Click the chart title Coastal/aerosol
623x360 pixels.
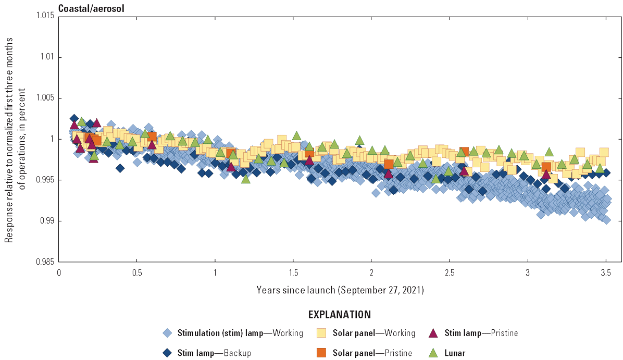91,8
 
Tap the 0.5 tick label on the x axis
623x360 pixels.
136,272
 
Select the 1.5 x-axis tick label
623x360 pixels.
293,272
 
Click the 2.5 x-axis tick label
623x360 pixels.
449,272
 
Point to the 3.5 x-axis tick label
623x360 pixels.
605,272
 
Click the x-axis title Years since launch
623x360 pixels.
340,290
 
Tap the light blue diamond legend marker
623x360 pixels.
167,333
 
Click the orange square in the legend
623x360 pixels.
321,353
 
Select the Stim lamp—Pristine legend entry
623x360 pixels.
481,333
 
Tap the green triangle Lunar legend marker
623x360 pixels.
432,353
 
